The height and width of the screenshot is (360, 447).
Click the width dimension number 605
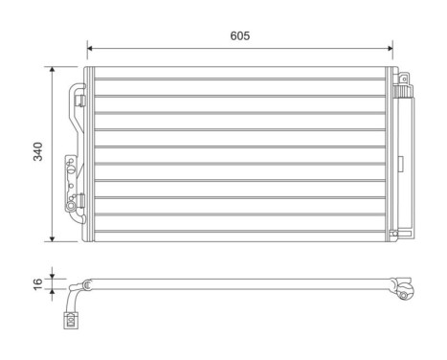coord(239,35)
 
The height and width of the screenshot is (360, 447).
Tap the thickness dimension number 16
coord(36,284)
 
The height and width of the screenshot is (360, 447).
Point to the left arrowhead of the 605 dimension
coord(90,46)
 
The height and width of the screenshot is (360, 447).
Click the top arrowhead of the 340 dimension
coord(52,69)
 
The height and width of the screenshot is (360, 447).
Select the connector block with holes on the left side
coord(70,175)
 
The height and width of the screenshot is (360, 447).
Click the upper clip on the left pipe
coord(80,96)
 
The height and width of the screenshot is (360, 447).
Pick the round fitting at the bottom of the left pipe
coord(73,204)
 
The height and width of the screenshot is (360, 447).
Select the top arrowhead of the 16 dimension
coord(52,276)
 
